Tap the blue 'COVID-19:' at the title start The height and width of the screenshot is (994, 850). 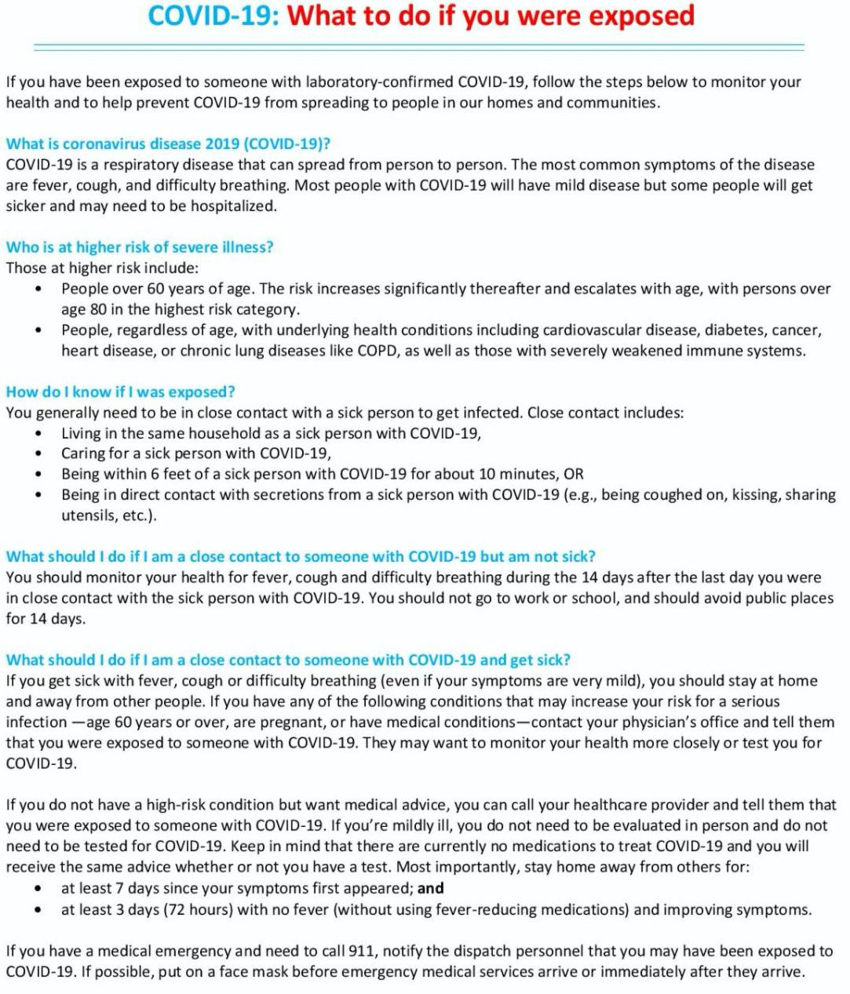[213, 16]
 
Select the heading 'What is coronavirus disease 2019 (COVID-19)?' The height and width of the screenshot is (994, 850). [168, 144]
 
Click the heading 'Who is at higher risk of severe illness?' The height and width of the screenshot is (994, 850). [140, 247]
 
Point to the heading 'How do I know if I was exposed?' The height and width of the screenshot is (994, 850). [121, 391]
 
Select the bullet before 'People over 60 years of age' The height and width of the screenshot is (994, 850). [38, 289]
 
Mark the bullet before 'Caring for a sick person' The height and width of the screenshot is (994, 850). [38, 453]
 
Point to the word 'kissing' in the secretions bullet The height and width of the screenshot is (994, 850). [702, 494]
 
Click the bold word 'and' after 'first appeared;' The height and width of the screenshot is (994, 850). [431, 889]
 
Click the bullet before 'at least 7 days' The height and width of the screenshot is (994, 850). [38, 889]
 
